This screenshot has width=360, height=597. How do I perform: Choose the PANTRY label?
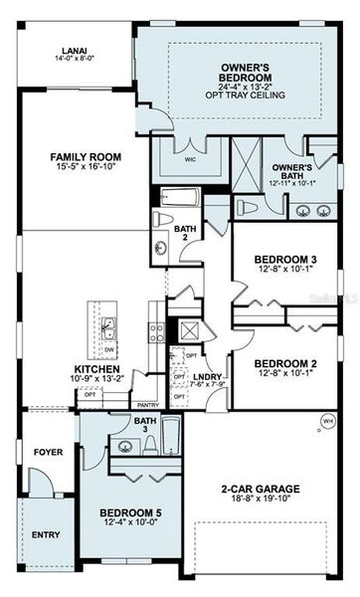click(x=147, y=405)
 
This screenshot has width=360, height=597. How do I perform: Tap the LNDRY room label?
click(x=207, y=376)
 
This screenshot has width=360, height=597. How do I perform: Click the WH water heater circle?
click(x=328, y=421)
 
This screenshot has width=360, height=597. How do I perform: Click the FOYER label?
click(x=49, y=453)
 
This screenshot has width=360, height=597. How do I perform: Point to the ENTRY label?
click(x=46, y=534)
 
